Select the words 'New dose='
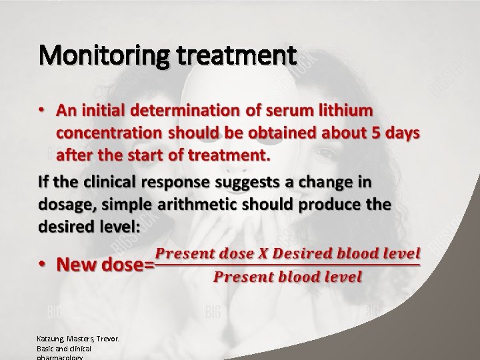(x=105, y=265)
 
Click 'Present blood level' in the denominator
(x=287, y=277)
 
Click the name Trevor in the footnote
(x=108, y=339)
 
